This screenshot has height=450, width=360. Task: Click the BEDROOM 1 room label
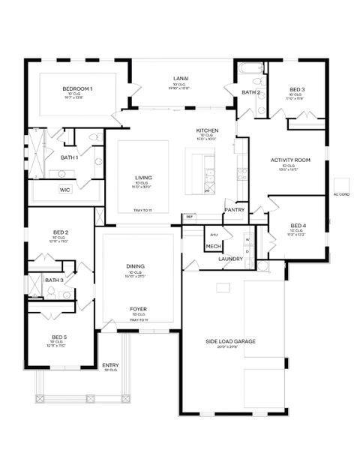point(77,89)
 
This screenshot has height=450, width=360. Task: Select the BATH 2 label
point(250,92)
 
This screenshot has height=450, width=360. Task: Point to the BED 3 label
point(297,89)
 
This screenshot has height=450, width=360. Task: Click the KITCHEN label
point(206,130)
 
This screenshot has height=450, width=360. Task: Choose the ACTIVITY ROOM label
point(290,160)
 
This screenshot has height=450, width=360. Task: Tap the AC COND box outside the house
point(341,194)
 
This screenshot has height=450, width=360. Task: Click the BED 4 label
point(298,225)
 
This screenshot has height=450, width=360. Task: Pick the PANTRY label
point(235,210)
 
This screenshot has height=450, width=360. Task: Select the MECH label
point(214,246)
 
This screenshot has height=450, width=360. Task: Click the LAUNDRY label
point(230,259)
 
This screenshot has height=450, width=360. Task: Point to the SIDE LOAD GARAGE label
point(230,341)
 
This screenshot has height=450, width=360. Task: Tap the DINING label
point(135,266)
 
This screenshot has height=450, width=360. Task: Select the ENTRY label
point(110,365)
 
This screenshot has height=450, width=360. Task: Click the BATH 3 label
point(53,280)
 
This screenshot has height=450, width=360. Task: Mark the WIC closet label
point(65,190)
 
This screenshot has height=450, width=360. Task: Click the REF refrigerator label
point(190,217)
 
